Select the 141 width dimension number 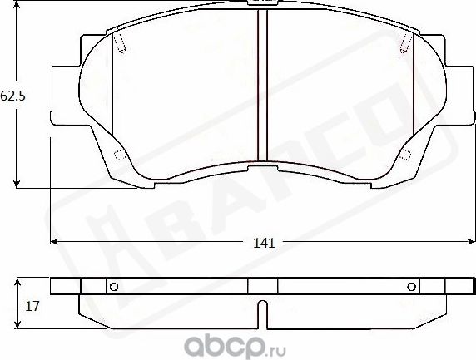[263, 243]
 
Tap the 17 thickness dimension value [32, 306]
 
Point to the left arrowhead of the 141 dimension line [55, 242]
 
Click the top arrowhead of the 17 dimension [18, 283]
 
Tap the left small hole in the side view [115, 288]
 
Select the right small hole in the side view [411, 288]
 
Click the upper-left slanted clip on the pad [119, 42]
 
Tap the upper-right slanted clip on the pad [407, 42]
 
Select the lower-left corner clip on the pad [118, 155]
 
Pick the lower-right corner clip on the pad [408, 155]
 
